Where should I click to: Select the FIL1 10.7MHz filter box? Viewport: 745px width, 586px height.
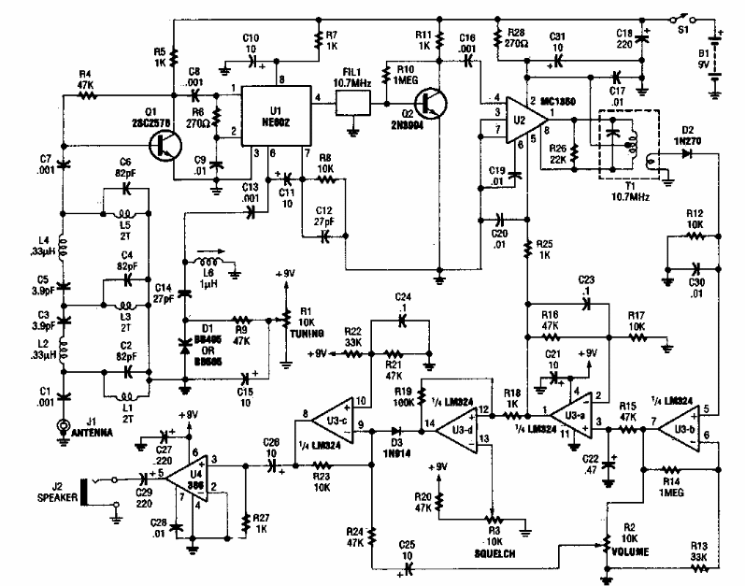coord(352,105)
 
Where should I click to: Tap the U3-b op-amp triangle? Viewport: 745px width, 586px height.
coord(680,427)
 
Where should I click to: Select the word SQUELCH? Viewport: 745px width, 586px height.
coord(491,553)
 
